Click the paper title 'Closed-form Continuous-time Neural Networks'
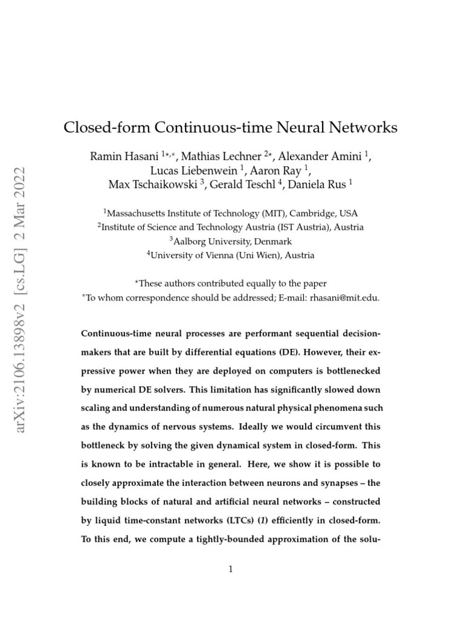(231, 128)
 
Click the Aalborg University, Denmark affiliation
(233, 241)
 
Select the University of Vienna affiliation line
(233, 255)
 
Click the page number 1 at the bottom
(231, 569)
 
